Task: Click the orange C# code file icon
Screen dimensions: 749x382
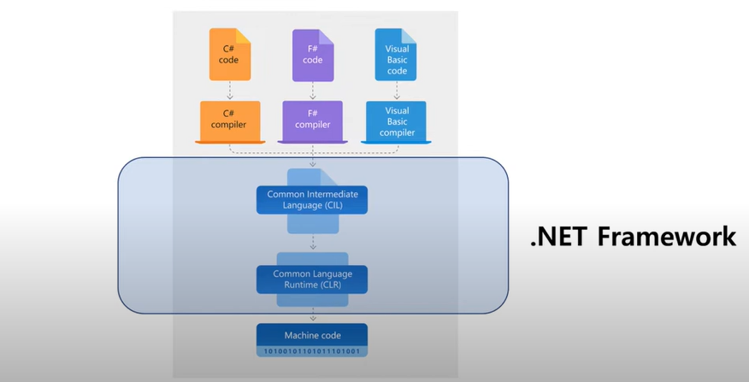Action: [230, 55]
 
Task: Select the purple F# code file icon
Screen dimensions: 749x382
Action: [313, 56]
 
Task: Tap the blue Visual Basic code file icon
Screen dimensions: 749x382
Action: [396, 55]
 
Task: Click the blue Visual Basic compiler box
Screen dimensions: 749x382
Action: [396, 122]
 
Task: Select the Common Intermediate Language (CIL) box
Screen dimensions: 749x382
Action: [312, 200]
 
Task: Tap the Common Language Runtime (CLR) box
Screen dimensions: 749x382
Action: [312, 279]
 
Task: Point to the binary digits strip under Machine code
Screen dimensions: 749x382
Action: [312, 351]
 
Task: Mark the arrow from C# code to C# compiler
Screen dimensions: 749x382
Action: [230, 91]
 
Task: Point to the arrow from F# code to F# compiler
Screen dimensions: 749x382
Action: [313, 91]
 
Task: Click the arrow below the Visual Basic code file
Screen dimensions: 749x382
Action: [397, 91]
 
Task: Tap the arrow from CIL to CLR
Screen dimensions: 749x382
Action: [313, 242]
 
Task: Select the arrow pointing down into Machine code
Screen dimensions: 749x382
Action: [313, 315]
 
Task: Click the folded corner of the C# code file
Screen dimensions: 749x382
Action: [244, 35]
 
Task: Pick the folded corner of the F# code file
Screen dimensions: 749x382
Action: [327, 36]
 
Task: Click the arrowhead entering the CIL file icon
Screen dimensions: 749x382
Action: [313, 165]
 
